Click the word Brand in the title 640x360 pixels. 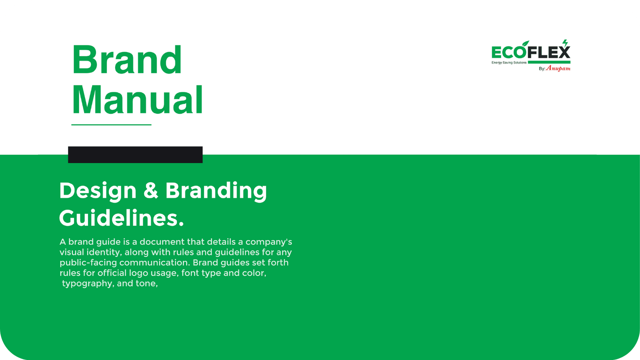click(127, 60)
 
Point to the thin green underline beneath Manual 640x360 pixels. click(111, 125)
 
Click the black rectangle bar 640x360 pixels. click(135, 155)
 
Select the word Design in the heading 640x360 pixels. click(98, 191)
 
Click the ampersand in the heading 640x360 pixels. click(151, 190)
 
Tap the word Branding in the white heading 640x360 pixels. click(216, 191)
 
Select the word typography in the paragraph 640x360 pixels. click(87, 284)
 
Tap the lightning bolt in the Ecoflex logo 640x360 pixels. click(565, 43)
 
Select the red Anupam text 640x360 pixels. click(558, 68)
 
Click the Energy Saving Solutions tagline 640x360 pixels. click(509, 63)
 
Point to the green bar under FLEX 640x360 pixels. click(549, 62)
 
